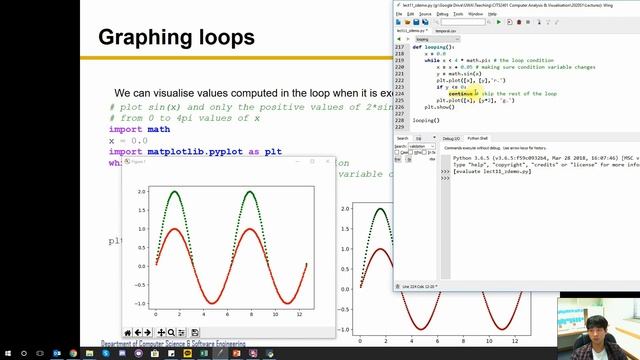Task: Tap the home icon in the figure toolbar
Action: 128,332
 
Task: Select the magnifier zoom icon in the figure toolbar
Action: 171,332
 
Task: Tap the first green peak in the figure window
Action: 176,190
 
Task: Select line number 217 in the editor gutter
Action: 401,48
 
